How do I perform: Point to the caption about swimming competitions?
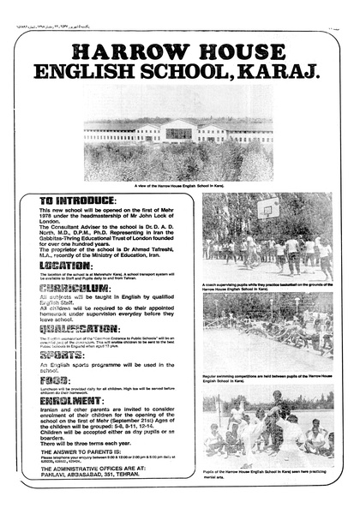point(267,378)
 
